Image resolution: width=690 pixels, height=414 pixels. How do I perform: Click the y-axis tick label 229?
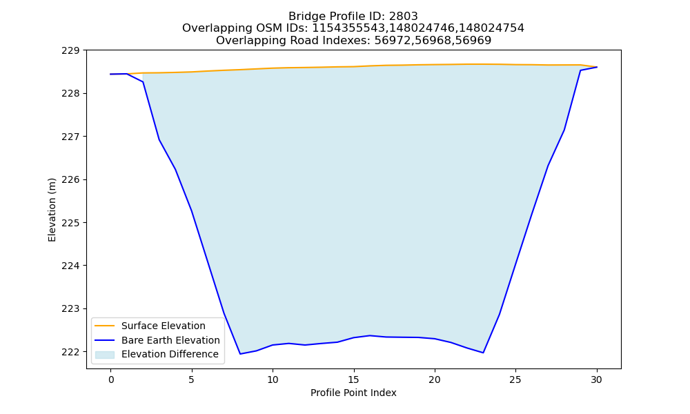coord(70,50)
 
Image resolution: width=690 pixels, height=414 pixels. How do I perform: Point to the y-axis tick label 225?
coord(70,223)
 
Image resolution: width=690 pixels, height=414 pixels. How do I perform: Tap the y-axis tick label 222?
coord(70,352)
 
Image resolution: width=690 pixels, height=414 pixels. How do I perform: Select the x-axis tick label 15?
coord(353,379)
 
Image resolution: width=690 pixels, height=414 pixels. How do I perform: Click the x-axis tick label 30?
coord(596,379)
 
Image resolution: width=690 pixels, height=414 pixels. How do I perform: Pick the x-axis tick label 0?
coord(111,379)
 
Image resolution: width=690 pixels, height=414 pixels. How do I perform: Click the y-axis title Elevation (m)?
coord(52,210)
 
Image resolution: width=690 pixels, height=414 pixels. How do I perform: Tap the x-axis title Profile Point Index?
coord(353,393)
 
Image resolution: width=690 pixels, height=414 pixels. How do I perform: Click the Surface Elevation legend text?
coord(164,326)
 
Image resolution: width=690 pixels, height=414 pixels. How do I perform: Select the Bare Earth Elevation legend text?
coord(170,340)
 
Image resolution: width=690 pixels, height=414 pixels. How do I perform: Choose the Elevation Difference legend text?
coord(170,354)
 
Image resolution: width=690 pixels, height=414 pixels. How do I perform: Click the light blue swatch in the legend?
coord(105,355)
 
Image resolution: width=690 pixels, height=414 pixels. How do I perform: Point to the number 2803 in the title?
coord(403,17)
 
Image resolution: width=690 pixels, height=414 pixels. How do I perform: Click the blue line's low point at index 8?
coord(240,354)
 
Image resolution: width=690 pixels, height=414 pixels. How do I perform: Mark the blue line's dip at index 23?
coord(483,353)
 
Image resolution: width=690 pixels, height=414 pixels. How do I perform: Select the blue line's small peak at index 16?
coord(370,336)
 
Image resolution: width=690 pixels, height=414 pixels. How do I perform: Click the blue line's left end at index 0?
coord(111,75)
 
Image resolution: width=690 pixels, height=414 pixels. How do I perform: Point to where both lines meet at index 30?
coord(597,67)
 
